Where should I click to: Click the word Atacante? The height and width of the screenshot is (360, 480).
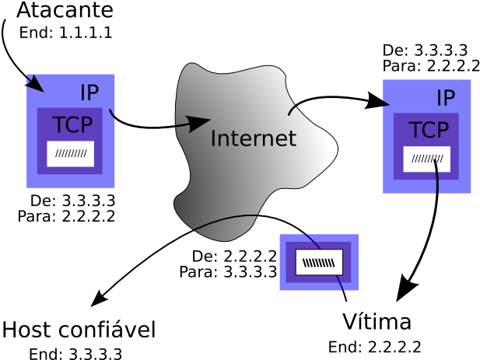pyautogui.click(x=65, y=10)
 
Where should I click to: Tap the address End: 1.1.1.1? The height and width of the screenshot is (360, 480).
pyautogui.click(x=66, y=33)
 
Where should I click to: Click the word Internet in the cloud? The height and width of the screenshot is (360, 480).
pyautogui.click(x=254, y=138)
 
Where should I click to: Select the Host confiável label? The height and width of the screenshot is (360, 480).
pyautogui.click(x=79, y=330)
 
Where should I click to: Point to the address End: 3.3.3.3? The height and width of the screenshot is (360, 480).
pyautogui.click(x=75, y=354)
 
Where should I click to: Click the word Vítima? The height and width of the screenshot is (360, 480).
pyautogui.click(x=377, y=321)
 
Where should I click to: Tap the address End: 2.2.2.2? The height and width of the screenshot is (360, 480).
pyautogui.click(x=375, y=347)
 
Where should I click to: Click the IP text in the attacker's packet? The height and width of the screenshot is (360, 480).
pyautogui.click(x=89, y=93)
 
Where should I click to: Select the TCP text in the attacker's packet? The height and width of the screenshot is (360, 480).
pyautogui.click(x=72, y=124)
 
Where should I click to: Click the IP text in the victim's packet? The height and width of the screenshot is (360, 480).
pyautogui.click(x=446, y=98)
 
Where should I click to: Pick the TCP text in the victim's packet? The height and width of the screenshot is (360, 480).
pyautogui.click(x=429, y=130)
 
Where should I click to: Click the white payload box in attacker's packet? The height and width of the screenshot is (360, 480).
pyautogui.click(x=71, y=154)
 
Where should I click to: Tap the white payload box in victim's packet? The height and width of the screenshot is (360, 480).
pyautogui.click(x=427, y=159)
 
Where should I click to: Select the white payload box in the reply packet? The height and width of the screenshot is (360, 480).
pyautogui.click(x=319, y=263)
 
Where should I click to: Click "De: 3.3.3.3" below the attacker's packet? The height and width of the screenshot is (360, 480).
pyautogui.click(x=73, y=201)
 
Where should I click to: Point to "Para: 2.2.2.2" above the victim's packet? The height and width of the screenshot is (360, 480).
pyautogui.click(x=431, y=66)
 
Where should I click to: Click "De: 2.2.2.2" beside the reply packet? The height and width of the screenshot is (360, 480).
pyautogui.click(x=234, y=256)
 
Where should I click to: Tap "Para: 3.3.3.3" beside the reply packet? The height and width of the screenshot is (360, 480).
pyautogui.click(x=229, y=271)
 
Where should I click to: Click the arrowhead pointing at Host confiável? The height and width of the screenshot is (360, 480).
pyautogui.click(x=99, y=298)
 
